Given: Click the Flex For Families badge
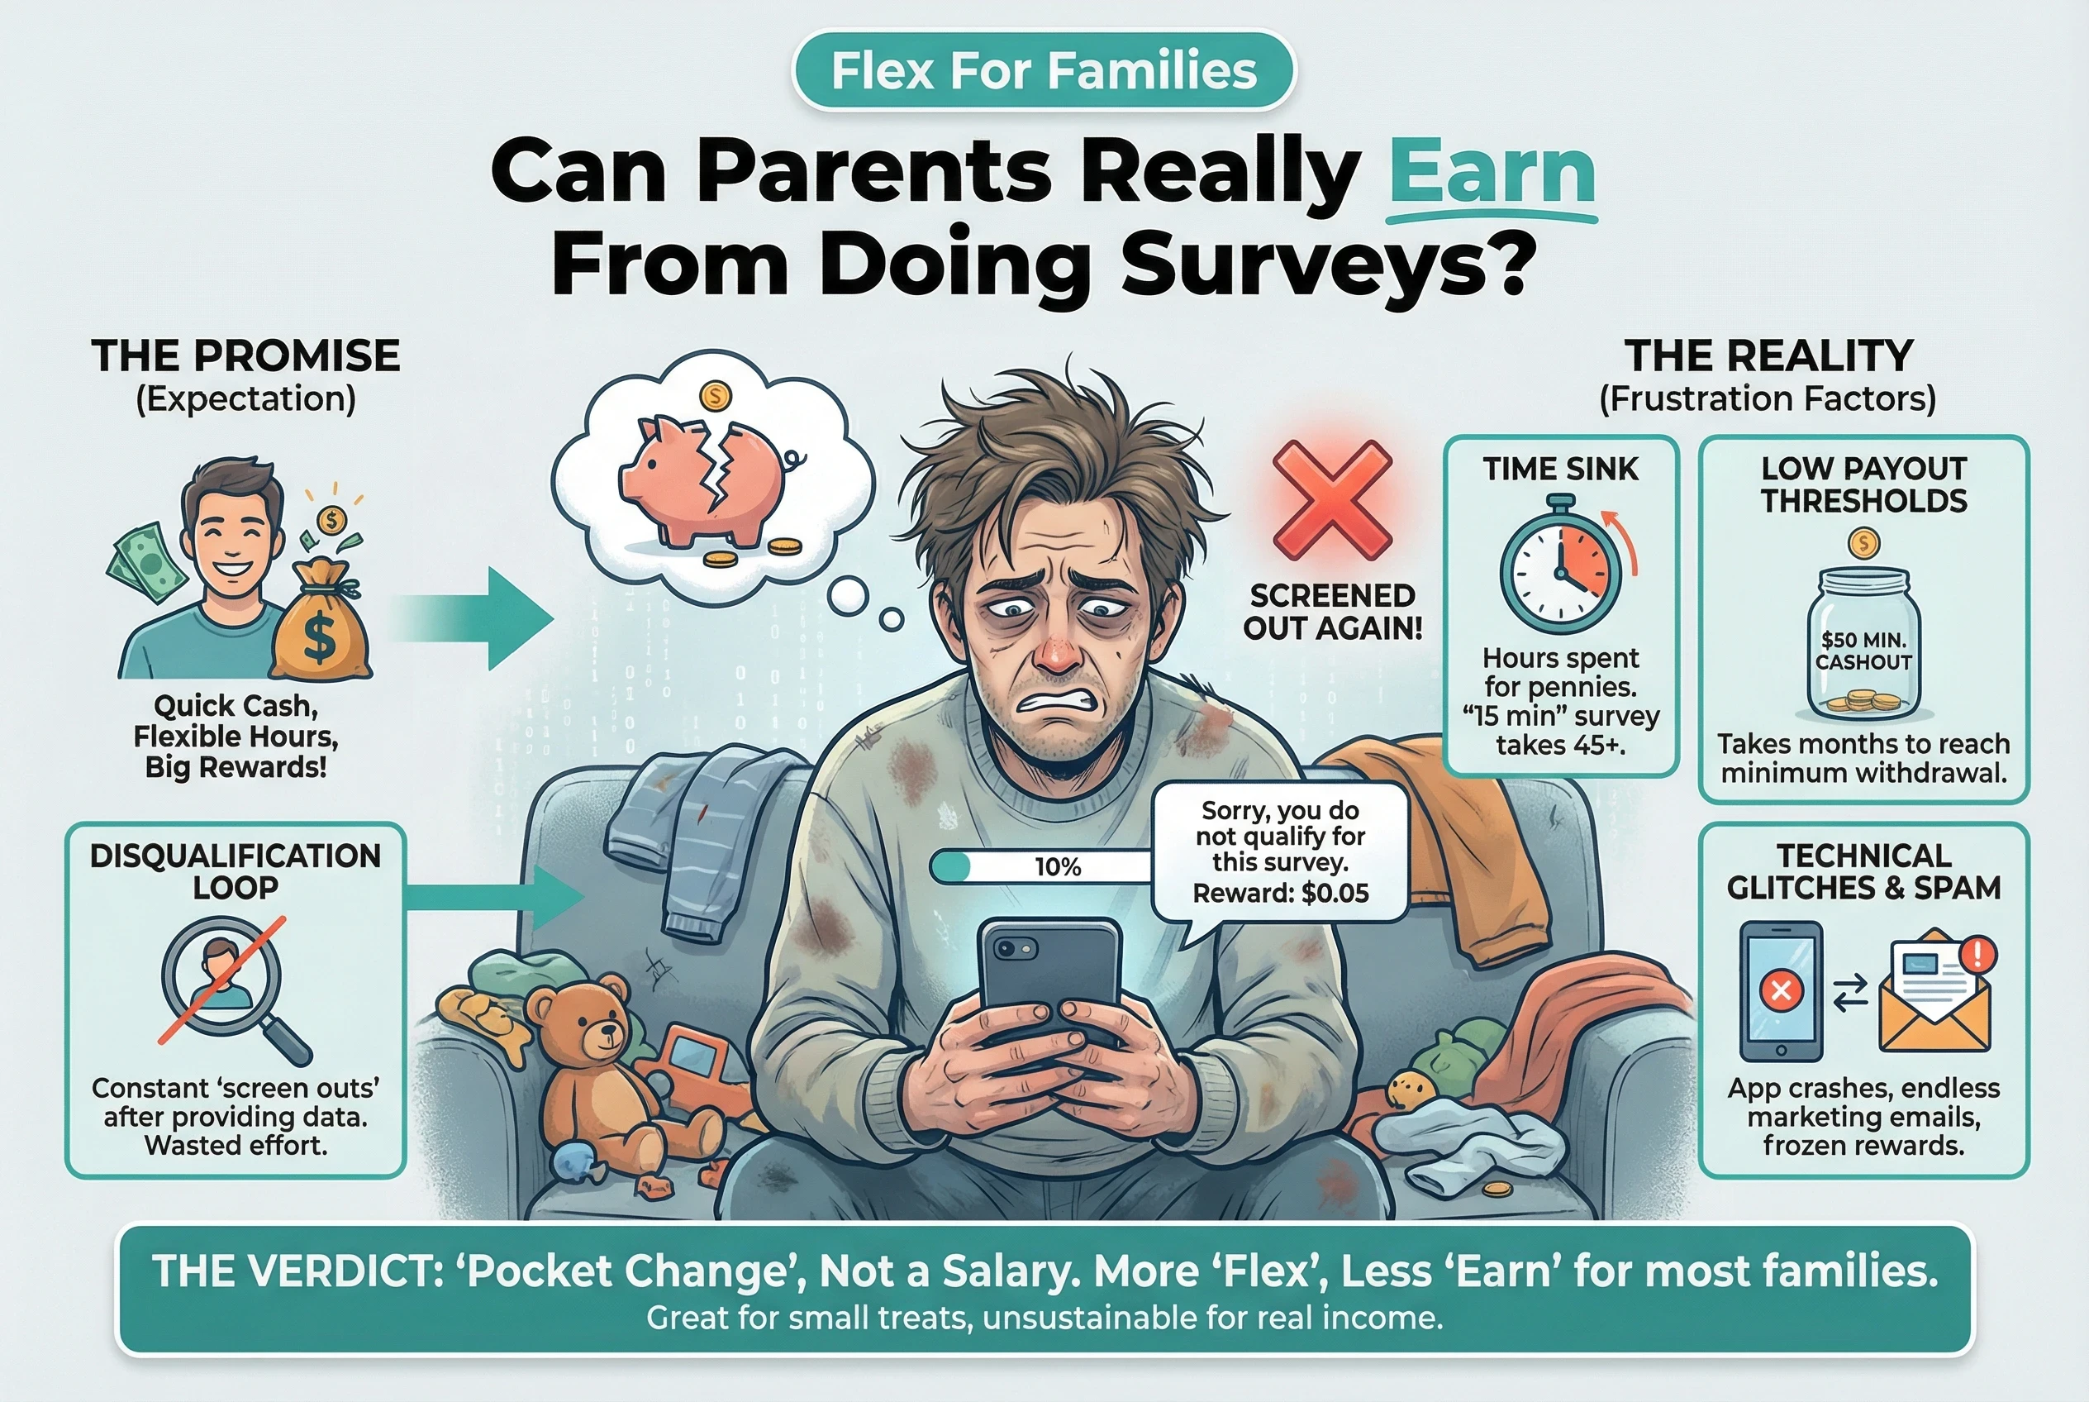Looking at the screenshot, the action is [1043, 70].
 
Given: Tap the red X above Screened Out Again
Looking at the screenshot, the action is [1332, 501].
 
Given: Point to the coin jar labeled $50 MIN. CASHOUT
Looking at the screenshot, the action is [1863, 644].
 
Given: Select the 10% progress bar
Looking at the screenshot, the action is [1041, 866].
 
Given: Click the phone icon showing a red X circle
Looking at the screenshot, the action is [1781, 990].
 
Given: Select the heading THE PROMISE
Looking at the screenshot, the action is [245, 355].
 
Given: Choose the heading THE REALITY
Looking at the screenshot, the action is [1768, 355].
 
